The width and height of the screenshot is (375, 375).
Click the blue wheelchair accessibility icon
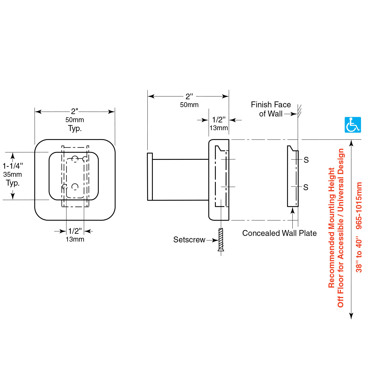[353, 125]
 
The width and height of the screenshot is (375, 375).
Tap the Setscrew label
[189, 240]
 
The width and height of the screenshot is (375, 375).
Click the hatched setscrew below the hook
[221, 239]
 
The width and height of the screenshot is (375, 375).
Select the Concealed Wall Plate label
[279, 233]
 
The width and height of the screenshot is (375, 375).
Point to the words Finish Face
[271, 105]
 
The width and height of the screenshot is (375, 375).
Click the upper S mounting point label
[306, 160]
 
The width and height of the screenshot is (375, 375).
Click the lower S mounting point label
[306, 187]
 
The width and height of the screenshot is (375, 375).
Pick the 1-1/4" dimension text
[13, 166]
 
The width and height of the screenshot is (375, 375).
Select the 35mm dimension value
[13, 175]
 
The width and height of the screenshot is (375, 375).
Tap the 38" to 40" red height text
[359, 254]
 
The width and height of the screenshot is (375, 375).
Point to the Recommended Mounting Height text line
[331, 228]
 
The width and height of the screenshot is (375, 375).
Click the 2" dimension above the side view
[189, 97]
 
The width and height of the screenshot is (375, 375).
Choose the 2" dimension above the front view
[75, 111]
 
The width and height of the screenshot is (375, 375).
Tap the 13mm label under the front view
[75, 239]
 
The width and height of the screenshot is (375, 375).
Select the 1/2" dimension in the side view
[218, 120]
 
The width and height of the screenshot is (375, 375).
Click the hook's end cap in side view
[150, 177]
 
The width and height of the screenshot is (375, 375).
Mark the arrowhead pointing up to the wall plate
[293, 210]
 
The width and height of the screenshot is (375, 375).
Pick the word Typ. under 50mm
[75, 128]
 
